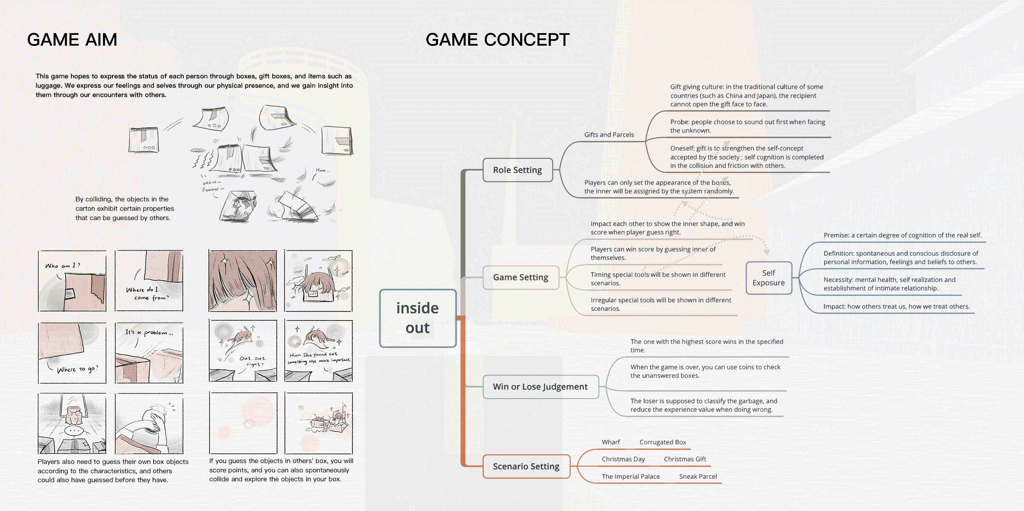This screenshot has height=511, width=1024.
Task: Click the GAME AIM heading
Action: (72, 40)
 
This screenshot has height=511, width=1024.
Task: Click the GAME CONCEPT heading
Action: (497, 40)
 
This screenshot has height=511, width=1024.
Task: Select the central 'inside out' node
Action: (418, 318)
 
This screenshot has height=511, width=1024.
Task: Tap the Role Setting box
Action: (517, 170)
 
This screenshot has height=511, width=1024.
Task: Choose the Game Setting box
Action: (520, 277)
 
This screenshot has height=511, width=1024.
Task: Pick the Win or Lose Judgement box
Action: (540, 387)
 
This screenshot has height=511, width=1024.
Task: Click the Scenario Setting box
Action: (526, 466)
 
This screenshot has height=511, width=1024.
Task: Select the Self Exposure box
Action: (769, 278)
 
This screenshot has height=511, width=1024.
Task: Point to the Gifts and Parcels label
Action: (609, 135)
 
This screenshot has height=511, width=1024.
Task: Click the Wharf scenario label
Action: (611, 442)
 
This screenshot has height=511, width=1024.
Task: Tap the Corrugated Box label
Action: (662, 442)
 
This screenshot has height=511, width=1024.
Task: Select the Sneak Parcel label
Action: (698, 476)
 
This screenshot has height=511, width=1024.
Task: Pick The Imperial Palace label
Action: (631, 476)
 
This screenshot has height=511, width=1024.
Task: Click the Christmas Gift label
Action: (685, 459)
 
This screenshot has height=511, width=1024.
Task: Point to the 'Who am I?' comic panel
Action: (72, 281)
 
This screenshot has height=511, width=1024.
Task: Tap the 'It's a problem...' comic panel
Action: (149, 353)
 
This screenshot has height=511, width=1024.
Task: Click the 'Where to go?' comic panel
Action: (72, 353)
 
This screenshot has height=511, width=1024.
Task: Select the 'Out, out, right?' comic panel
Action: (243, 350)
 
